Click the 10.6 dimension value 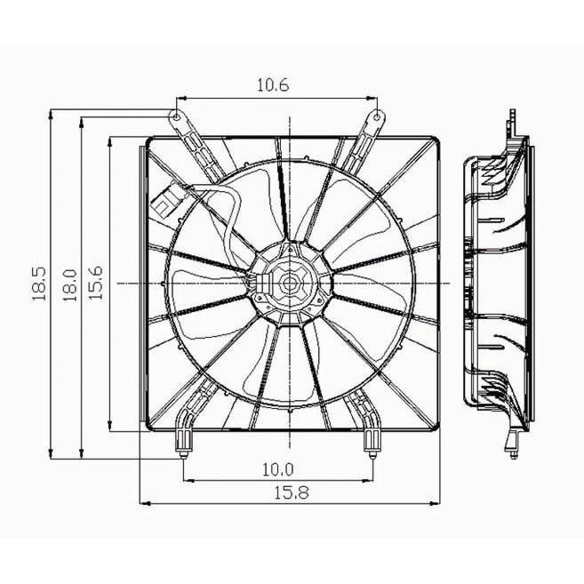(x=273, y=85)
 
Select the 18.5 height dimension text (x=39, y=284)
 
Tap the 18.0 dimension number (x=69, y=285)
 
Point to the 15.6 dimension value (x=95, y=283)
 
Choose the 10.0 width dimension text (x=278, y=469)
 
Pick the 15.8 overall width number (x=292, y=493)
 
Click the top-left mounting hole (x=177, y=117)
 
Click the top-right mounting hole (x=377, y=117)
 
